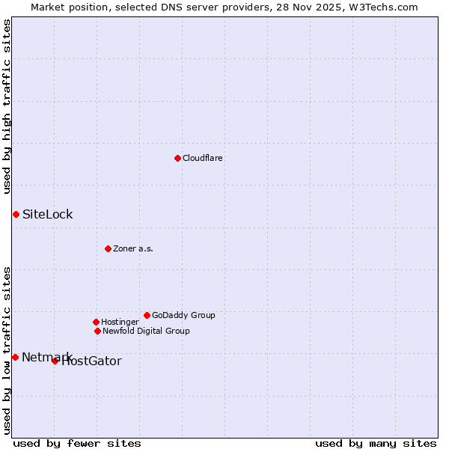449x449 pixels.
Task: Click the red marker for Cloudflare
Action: tap(177, 158)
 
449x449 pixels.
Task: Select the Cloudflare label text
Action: tap(203, 159)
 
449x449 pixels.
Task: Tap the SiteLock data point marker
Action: tap(16, 214)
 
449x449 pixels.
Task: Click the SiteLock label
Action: tap(48, 215)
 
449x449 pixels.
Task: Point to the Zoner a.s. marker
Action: tap(108, 248)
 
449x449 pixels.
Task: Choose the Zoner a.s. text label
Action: tap(133, 249)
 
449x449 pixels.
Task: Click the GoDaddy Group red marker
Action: tap(147, 315)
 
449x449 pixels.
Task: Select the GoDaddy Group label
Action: tap(183, 316)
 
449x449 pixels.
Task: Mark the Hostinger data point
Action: tap(96, 322)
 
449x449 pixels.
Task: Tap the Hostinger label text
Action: tap(120, 323)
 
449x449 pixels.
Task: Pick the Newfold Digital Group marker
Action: tap(97, 331)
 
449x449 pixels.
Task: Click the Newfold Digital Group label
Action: tap(146, 332)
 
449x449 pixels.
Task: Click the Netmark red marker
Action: tap(15, 357)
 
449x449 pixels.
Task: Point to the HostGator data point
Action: tap(55, 361)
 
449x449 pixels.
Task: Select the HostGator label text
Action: tap(91, 361)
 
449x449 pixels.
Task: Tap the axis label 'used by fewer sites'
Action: tap(77, 443)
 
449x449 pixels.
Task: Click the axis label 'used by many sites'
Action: tap(376, 443)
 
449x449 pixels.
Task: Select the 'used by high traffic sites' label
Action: tap(7, 106)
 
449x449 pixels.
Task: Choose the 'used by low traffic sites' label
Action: tap(7, 349)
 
